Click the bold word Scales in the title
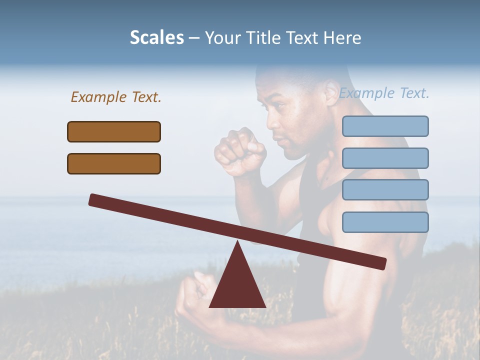[x=156, y=37]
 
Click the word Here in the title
[x=343, y=37]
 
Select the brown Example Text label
[x=116, y=97]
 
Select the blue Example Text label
[x=384, y=93]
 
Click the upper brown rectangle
[x=114, y=131]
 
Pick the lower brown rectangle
[x=114, y=163]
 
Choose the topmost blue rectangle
[x=385, y=126]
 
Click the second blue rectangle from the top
[x=385, y=158]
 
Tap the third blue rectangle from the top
[x=385, y=189]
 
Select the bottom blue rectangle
[x=385, y=222]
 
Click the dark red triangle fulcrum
[x=237, y=285]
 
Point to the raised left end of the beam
[x=93, y=199]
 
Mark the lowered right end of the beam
[x=382, y=263]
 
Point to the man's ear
[x=331, y=92]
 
